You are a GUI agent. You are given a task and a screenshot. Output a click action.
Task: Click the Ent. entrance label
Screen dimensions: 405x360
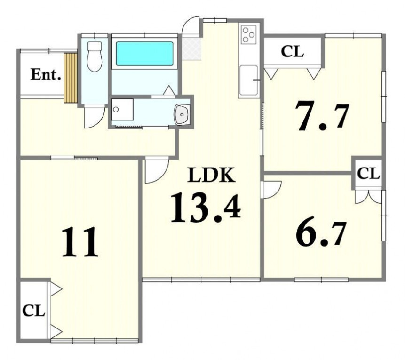tap(46, 74)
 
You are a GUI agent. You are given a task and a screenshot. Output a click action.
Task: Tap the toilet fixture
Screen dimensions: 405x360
tap(95, 56)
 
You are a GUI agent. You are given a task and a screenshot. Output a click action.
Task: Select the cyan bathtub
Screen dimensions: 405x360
tap(144, 54)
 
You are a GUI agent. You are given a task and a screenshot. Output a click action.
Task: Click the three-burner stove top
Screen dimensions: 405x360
tap(248, 34)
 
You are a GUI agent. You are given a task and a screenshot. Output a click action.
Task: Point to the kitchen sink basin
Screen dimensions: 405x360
tap(249, 80)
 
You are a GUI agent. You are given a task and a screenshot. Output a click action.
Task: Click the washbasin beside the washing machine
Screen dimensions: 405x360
tap(182, 114)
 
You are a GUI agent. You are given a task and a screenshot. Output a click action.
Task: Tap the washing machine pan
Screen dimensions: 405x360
tap(122, 109)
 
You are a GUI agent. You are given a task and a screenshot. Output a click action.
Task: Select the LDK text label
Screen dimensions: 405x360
tap(211, 175)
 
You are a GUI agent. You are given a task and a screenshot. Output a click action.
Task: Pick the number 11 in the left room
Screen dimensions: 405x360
tap(80, 242)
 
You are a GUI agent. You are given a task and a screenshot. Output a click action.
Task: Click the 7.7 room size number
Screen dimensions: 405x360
tap(322, 116)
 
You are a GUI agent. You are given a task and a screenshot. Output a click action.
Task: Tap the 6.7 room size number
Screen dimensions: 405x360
tap(320, 233)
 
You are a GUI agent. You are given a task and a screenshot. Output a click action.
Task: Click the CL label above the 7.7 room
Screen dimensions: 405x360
tap(292, 52)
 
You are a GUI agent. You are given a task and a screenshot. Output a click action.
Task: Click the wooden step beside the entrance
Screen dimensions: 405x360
tap(71, 78)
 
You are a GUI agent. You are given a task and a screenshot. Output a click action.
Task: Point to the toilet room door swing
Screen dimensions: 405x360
tap(95, 116)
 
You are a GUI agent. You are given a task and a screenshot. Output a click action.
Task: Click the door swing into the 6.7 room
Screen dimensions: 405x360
tap(270, 190)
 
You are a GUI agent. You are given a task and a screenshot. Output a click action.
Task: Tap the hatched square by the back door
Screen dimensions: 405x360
tap(191, 49)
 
